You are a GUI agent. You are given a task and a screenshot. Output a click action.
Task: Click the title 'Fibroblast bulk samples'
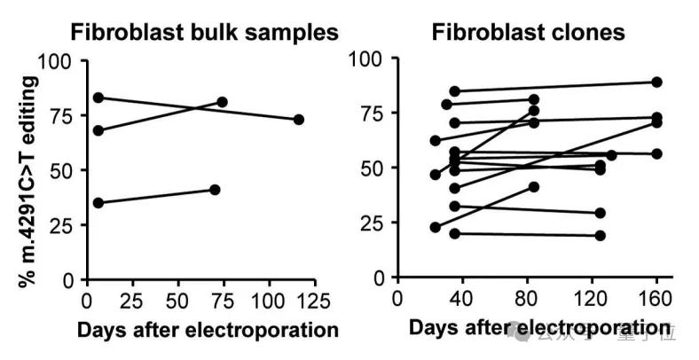click(204, 33)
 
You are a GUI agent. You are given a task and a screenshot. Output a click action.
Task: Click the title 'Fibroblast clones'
click(528, 33)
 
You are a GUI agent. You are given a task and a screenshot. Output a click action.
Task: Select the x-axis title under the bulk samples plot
click(208, 330)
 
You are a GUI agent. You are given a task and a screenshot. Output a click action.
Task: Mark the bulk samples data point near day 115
click(299, 120)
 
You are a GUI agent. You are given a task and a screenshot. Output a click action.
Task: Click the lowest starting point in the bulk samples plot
click(98, 202)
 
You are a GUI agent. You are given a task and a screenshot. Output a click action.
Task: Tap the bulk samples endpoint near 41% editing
click(215, 190)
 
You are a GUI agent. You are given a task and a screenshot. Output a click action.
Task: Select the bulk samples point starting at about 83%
click(98, 98)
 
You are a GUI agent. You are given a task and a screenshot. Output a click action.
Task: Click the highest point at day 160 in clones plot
click(656, 82)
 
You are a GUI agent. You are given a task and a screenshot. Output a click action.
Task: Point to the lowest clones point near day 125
click(601, 235)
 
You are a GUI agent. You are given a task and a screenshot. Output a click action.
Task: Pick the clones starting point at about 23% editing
click(436, 227)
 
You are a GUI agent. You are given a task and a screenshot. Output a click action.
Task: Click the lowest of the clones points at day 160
click(656, 153)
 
